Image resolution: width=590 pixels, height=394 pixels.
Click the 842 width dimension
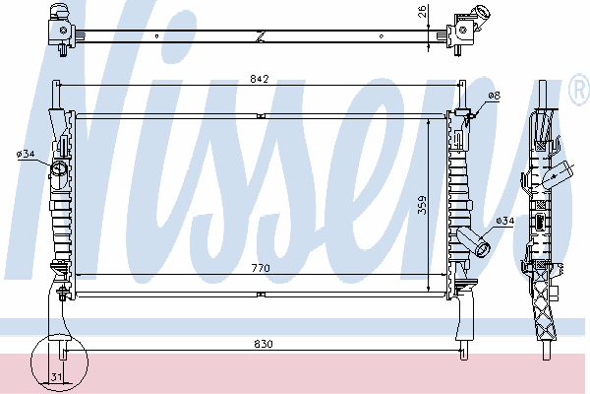pos(260,79)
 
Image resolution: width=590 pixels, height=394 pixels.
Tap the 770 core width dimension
pos(261,268)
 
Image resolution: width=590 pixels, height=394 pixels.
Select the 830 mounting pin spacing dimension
pos(264,344)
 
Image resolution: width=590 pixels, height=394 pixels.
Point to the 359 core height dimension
pos(422,205)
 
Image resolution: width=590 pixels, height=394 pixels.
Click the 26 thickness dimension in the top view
pos(422,11)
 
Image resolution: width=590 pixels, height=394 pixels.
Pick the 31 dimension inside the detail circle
pos(56,376)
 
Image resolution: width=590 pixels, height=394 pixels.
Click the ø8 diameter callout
pos(494,96)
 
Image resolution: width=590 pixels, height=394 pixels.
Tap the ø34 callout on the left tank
pos(26,154)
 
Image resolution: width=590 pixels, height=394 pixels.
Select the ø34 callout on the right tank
pos(504,221)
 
